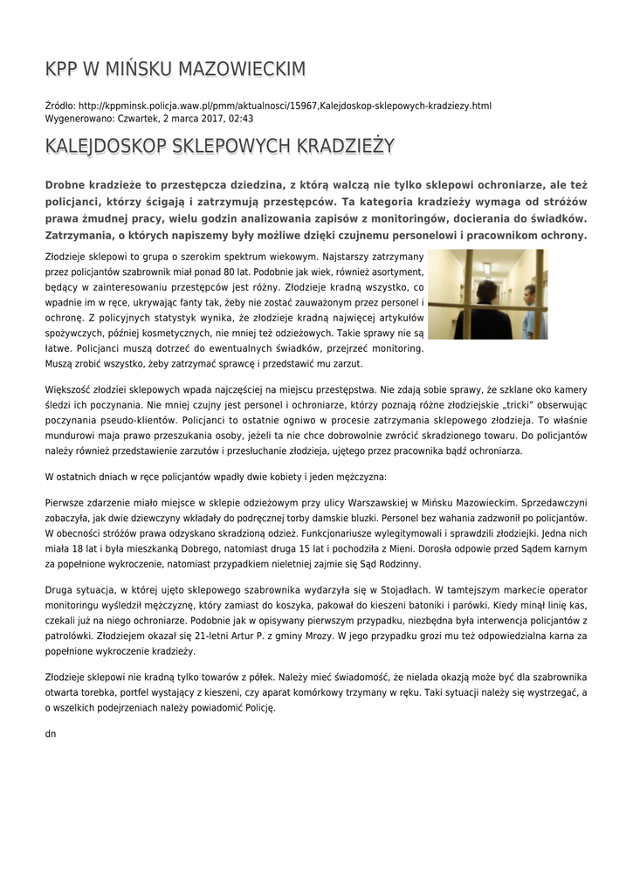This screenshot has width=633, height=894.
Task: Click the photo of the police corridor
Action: pyautogui.click(x=488, y=293)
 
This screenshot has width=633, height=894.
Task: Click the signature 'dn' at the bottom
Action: pyautogui.click(x=50, y=733)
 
